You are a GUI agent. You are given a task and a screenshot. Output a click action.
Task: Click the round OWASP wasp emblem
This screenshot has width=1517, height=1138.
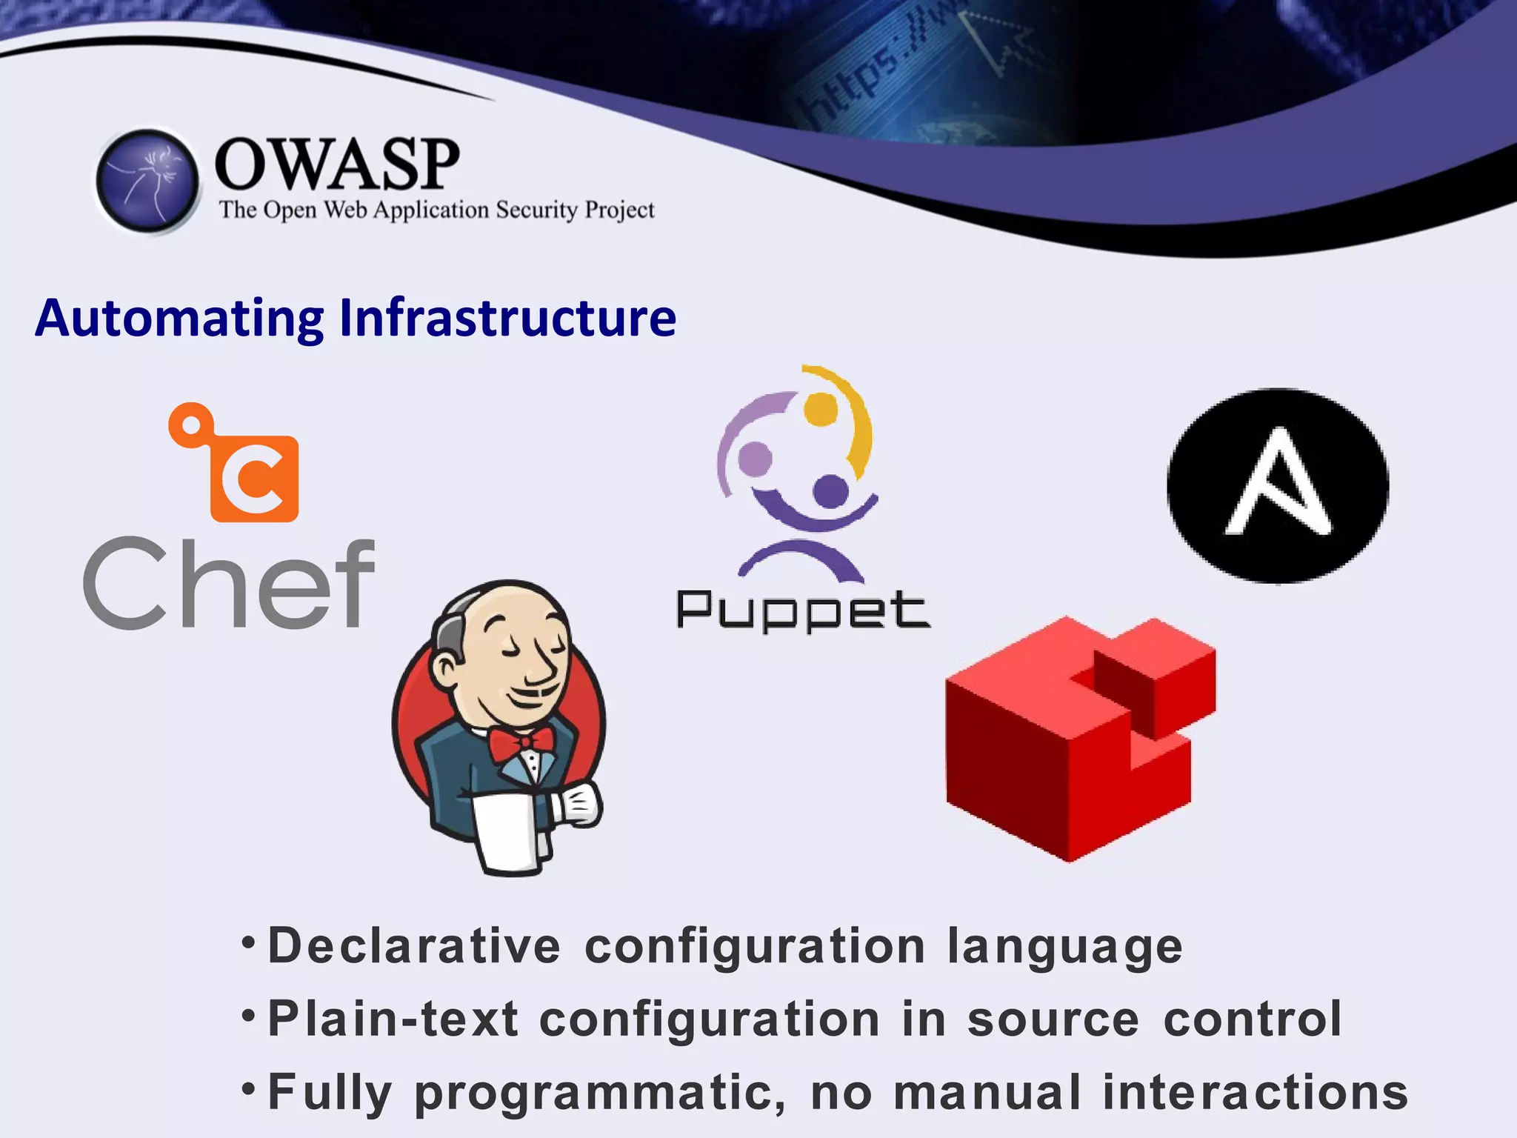(x=148, y=182)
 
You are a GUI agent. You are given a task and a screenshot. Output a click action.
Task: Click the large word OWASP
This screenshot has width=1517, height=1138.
(x=337, y=164)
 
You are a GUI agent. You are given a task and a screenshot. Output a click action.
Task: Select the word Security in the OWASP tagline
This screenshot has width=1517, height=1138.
(x=536, y=210)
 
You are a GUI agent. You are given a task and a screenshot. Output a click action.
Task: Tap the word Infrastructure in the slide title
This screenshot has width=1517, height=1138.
(x=507, y=319)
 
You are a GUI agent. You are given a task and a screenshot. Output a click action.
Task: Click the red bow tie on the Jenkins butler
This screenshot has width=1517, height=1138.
(x=521, y=743)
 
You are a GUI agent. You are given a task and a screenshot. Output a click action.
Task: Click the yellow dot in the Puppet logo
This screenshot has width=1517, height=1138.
(x=821, y=409)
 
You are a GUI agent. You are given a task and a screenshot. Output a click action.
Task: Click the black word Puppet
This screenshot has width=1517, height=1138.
(x=803, y=612)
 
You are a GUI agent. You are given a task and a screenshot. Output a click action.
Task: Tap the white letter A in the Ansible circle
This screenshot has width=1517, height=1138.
(x=1278, y=485)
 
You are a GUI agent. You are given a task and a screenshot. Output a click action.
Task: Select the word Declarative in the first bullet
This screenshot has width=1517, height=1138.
(x=414, y=946)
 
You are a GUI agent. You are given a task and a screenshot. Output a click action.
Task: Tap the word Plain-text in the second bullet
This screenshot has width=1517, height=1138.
(x=393, y=1019)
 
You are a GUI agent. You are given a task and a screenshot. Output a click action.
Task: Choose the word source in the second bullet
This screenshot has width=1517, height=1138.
(x=1053, y=1019)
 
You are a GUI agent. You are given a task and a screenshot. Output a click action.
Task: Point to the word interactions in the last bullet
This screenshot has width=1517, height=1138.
(x=1255, y=1093)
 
